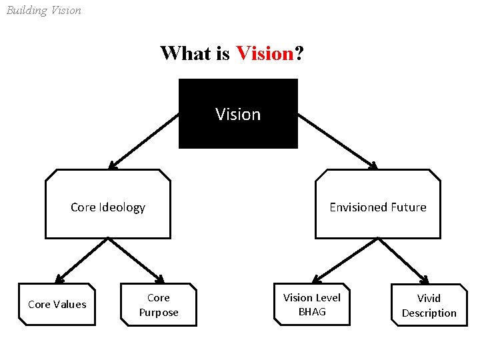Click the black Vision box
click(x=238, y=113)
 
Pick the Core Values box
click(x=57, y=305)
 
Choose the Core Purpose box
click(x=159, y=305)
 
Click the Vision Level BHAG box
click(x=311, y=305)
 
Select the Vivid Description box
click(x=429, y=305)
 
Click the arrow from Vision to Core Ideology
click(x=144, y=141)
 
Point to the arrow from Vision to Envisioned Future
click(x=337, y=141)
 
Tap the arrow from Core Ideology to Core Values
click(x=82, y=260)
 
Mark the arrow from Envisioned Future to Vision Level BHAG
click(x=345, y=259)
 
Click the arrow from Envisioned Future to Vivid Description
click(x=403, y=260)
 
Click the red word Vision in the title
click(x=265, y=53)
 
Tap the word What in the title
click(x=186, y=53)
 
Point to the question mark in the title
click(x=300, y=53)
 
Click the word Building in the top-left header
click(x=26, y=11)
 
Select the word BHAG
click(x=312, y=311)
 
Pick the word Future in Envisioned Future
click(x=405, y=207)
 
